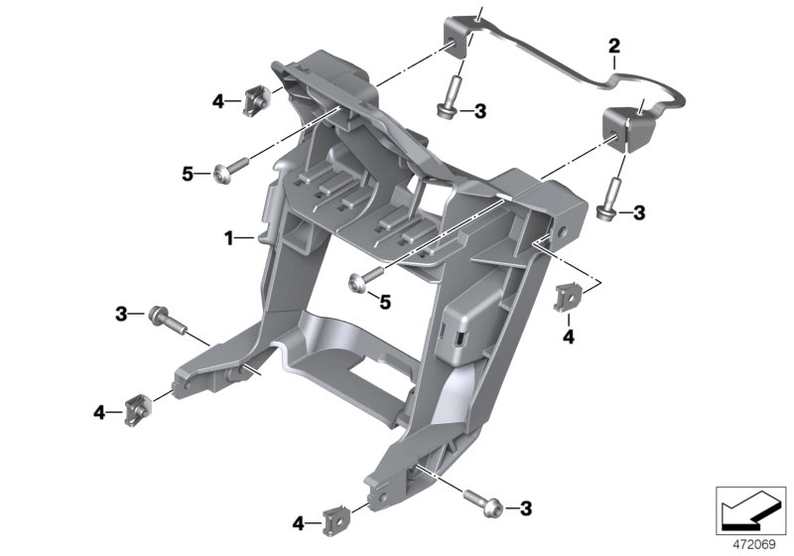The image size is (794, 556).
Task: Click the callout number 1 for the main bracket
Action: coord(227,238)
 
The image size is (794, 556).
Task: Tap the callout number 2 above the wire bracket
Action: coord(613,45)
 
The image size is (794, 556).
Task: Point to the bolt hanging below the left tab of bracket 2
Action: coord(450,99)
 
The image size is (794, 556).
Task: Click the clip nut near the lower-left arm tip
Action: coord(135,408)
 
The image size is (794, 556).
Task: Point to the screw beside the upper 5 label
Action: coord(224,173)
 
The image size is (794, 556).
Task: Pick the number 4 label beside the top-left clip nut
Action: coord(218,99)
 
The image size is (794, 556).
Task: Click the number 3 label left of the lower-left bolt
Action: coord(120,314)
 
